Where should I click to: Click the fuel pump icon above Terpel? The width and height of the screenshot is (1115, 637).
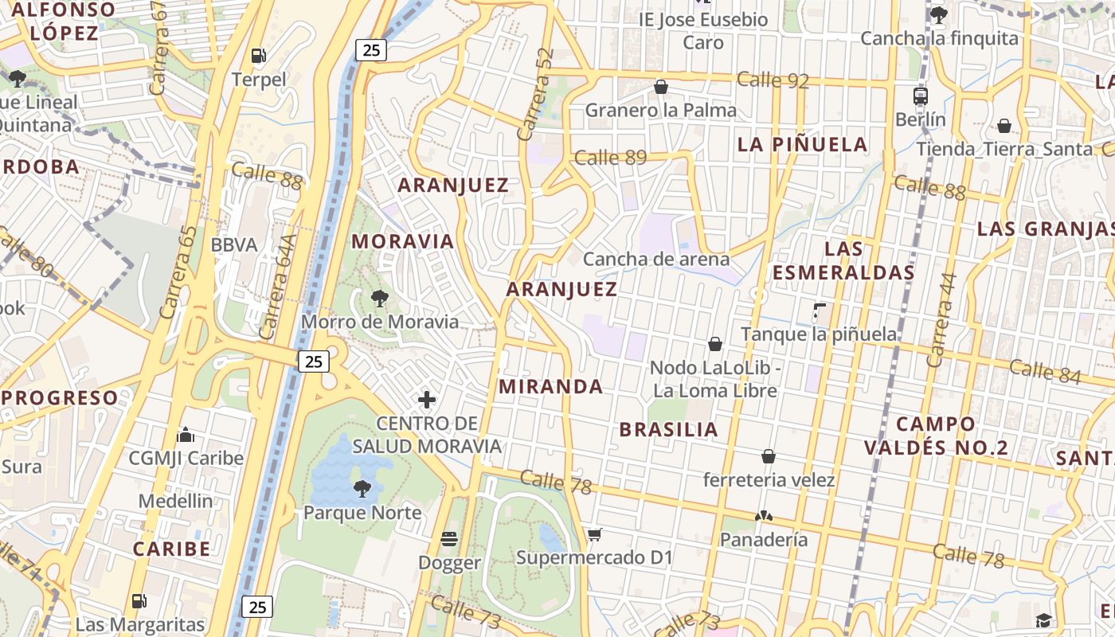pos(258,56)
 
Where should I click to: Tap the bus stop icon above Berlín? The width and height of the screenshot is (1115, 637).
pos(921,96)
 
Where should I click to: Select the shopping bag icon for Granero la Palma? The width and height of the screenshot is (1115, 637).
pos(661,87)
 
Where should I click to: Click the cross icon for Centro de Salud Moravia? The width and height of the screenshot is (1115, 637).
pos(427,400)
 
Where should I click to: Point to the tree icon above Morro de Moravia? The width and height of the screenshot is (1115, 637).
pos(380,299)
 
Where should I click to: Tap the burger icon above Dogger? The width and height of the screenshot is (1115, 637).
pos(449,539)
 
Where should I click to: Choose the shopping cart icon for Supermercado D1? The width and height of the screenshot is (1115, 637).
pos(594,534)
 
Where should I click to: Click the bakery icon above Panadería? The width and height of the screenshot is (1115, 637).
pos(764,516)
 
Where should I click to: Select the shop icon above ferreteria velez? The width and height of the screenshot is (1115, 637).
pos(769,456)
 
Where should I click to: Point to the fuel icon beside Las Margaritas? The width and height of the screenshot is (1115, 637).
pos(139,601)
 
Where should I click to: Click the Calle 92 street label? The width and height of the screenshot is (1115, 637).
pos(773,80)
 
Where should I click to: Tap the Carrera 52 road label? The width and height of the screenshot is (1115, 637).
pos(535,94)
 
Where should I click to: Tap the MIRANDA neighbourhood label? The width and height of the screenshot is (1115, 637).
pos(550,387)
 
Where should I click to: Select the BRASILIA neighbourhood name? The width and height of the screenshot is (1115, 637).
pos(669,430)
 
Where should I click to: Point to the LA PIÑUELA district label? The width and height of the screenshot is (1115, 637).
pos(802,144)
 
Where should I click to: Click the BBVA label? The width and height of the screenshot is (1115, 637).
pos(234,244)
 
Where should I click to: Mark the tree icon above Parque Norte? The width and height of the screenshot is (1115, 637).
pos(362,488)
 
